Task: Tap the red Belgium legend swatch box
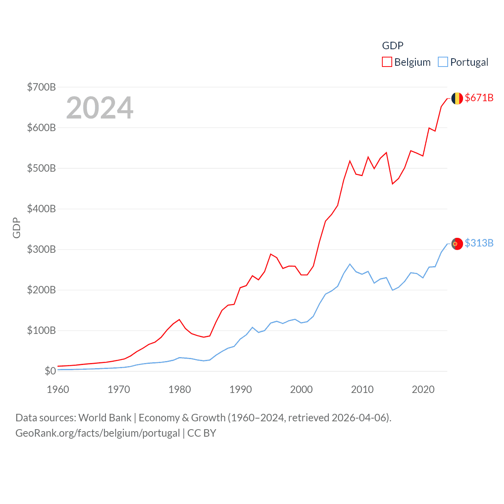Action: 387,62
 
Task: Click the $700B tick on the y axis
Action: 41,87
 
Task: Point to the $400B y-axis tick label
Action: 41,209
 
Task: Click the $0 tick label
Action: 50,371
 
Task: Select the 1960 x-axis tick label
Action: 58,389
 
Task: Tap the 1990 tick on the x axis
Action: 241,389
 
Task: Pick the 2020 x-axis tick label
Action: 423,389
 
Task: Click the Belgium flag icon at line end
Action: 457,98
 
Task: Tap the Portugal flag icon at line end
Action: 457,244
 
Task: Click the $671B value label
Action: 479,98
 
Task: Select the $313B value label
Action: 479,243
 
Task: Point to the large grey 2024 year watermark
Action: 100,108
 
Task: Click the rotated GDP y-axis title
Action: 17,228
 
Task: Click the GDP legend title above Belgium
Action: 393,46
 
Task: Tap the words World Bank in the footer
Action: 105,417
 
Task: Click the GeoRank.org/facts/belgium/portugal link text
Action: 98,433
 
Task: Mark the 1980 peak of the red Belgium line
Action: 180,319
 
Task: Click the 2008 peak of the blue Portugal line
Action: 350,264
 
